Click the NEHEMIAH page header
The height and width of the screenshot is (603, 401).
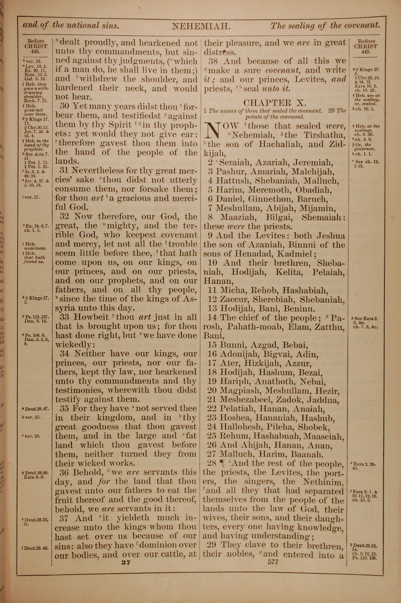tap(201, 26)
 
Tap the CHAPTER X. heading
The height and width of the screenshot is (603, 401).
tap(274, 103)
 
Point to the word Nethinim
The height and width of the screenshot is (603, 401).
tap(323, 482)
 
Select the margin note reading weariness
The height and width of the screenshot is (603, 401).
tap(35, 248)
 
